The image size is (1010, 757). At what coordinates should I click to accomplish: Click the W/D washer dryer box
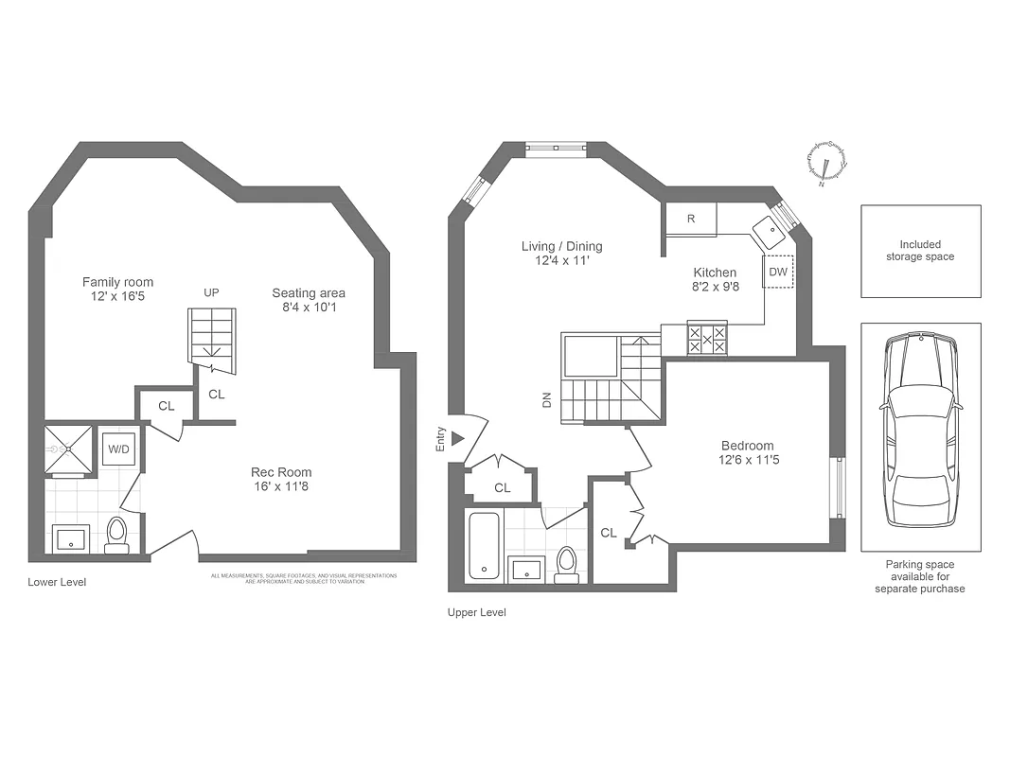click(x=118, y=449)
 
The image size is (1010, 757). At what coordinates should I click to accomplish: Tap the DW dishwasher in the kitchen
click(x=778, y=273)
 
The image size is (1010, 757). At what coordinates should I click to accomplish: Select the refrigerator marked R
click(x=691, y=220)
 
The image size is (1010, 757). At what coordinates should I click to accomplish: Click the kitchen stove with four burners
click(x=707, y=340)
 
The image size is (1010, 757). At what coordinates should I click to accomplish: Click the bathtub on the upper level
click(x=483, y=545)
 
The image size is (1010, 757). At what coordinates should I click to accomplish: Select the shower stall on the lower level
click(x=69, y=449)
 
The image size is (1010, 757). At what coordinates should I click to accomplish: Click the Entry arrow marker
click(x=457, y=439)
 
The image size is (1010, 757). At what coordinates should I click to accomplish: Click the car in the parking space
click(x=920, y=431)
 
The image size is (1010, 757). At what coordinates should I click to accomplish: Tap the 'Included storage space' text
click(x=920, y=251)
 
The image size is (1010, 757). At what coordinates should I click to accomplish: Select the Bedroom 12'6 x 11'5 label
click(x=747, y=453)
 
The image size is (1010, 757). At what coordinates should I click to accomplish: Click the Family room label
click(x=117, y=290)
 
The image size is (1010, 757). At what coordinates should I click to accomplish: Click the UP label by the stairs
click(x=211, y=293)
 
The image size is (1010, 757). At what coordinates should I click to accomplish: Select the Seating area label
click(x=309, y=300)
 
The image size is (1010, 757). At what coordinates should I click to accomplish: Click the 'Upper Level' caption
click(x=476, y=613)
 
